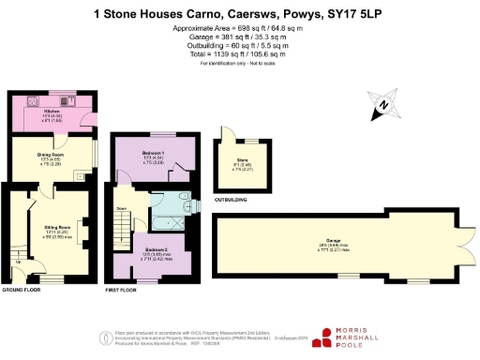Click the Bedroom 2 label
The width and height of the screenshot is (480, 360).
point(157,248)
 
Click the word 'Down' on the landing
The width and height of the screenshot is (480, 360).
point(122,209)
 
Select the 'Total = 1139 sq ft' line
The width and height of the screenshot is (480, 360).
point(239,56)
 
